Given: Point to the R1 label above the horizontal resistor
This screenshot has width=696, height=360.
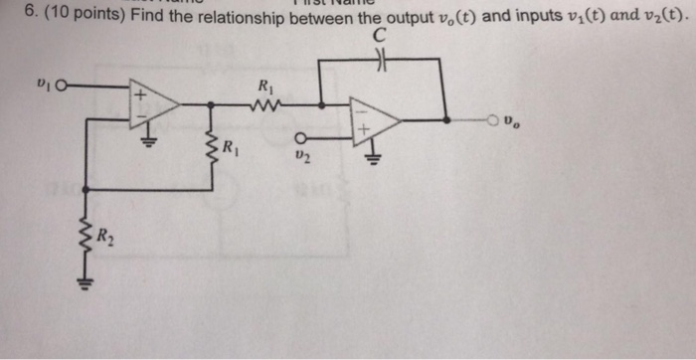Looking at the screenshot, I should tap(266, 84).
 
